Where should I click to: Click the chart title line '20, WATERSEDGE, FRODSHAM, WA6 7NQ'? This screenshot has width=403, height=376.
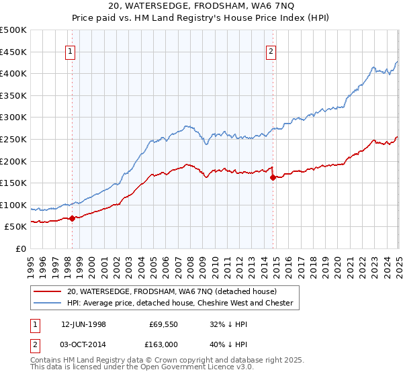[201, 7]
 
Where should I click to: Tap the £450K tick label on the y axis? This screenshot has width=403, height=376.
[13, 52]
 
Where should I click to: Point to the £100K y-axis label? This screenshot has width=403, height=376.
[13, 205]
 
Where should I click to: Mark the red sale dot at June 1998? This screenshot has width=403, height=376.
[73, 218]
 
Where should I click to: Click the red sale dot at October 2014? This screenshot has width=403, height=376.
[273, 178]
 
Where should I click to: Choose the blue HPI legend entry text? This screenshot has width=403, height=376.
[179, 303]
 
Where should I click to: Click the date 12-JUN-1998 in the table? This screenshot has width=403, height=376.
[83, 324]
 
